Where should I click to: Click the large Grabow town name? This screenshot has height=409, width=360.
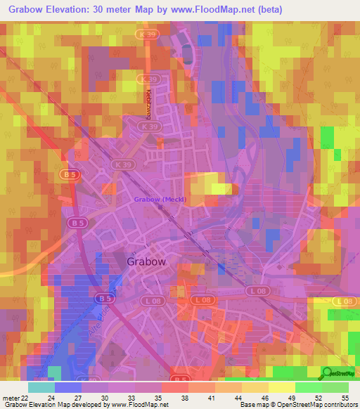point(146,261)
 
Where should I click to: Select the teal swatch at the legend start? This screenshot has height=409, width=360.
point(41,387)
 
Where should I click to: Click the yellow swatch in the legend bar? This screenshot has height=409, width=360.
point(281,387)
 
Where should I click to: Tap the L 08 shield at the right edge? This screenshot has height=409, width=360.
point(342,301)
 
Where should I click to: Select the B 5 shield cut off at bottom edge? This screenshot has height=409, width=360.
point(181,378)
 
